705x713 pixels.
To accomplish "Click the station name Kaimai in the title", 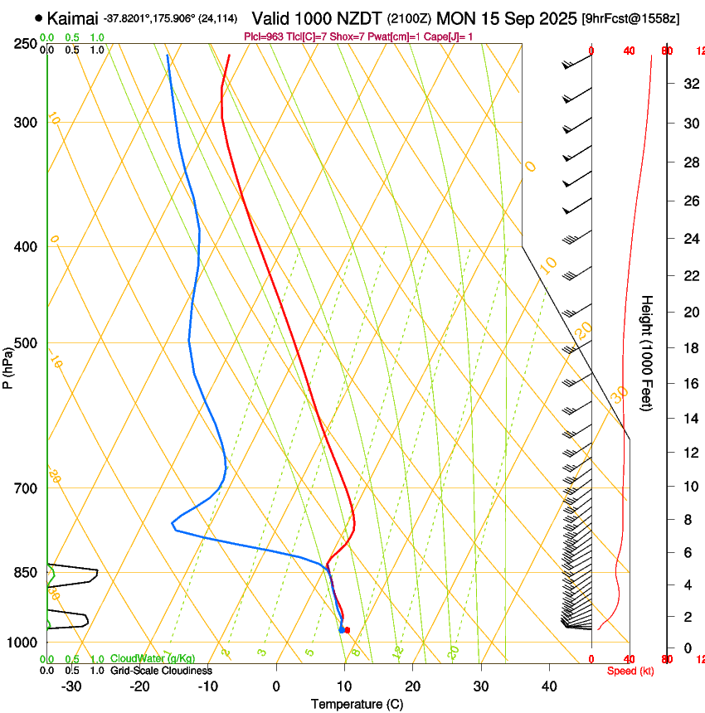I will tap(73, 17).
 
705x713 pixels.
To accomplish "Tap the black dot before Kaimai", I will tap(38, 17).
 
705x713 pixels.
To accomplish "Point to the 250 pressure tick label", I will tap(26, 44).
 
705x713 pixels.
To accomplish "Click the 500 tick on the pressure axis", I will tap(26, 343).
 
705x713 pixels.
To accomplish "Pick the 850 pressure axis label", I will tap(26, 572).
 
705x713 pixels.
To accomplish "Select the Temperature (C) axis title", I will tap(357, 704).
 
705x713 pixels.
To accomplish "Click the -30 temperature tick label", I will tap(71, 686).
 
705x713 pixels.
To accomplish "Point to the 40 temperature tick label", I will tap(548, 686).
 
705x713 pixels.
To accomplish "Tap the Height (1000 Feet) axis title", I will tap(647, 352).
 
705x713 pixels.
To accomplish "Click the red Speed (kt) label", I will tap(630, 671).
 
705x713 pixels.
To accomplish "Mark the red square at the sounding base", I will tap(348, 630).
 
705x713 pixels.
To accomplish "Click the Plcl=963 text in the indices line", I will tap(265, 36).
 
